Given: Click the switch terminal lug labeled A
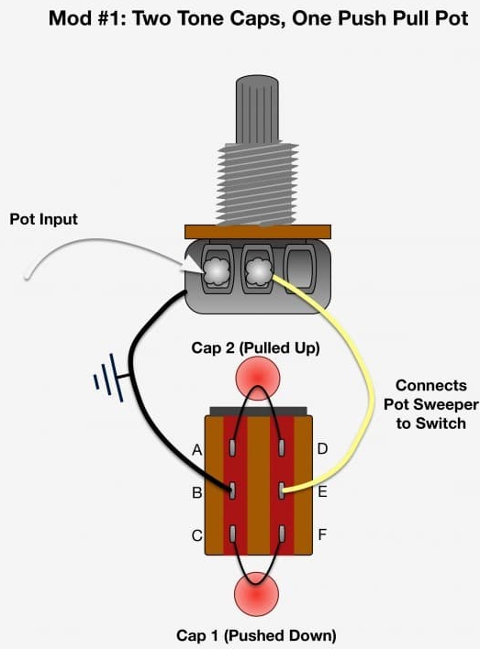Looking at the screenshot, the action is point(233,447).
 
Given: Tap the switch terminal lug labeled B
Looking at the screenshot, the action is point(233,490).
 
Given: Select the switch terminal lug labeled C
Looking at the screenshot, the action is point(233,533).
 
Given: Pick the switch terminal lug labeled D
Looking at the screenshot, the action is point(283,447).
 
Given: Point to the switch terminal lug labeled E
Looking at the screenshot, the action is point(283,490).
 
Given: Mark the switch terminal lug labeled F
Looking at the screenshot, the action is point(283,533).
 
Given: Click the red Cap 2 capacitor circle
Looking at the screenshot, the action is point(257,379).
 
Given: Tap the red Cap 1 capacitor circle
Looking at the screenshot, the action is point(257,594).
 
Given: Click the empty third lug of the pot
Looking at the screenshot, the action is point(299,269).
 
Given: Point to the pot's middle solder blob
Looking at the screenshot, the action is point(258,271).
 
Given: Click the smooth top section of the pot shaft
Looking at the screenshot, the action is point(257,109).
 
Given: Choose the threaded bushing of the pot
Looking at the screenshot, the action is point(257,183).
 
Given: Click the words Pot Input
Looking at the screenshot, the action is point(43,219).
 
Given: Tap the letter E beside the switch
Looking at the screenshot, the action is point(322,491).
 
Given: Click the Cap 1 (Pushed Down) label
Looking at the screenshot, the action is point(256,635).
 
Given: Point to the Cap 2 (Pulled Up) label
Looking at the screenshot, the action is point(255,348).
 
